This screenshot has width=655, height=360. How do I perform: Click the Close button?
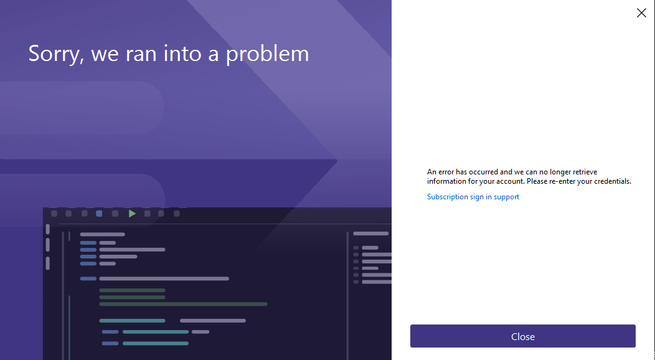pyautogui.click(x=522, y=336)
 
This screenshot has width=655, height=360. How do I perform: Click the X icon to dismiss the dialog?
pyautogui.click(x=641, y=13)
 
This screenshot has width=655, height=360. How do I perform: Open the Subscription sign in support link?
pyautogui.click(x=473, y=197)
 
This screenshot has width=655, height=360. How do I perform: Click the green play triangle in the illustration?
pyautogui.click(x=132, y=214)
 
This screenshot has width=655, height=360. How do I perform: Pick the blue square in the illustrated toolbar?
pyautogui.click(x=99, y=214)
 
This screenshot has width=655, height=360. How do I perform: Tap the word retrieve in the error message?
pyautogui.click(x=584, y=172)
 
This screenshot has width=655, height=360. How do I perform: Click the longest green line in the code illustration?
pyautogui.click(x=184, y=304)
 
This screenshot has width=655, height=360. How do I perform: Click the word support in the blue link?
pyautogui.click(x=506, y=197)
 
